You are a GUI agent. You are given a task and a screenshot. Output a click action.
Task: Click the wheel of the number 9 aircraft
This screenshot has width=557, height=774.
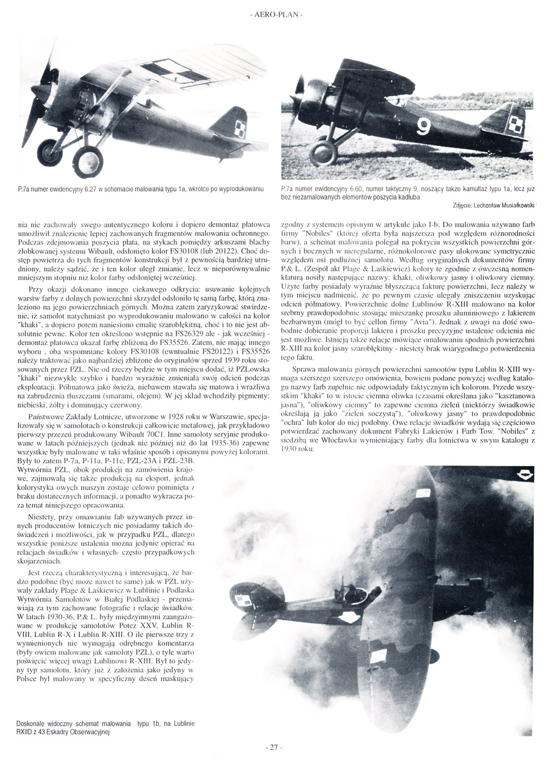pyautogui.click(x=323, y=154)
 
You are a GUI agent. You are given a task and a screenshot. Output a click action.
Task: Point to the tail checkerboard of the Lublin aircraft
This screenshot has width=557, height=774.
pyautogui.click(x=241, y=602)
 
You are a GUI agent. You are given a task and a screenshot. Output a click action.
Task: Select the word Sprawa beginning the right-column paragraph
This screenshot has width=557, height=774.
pyautogui.click(x=304, y=369)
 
